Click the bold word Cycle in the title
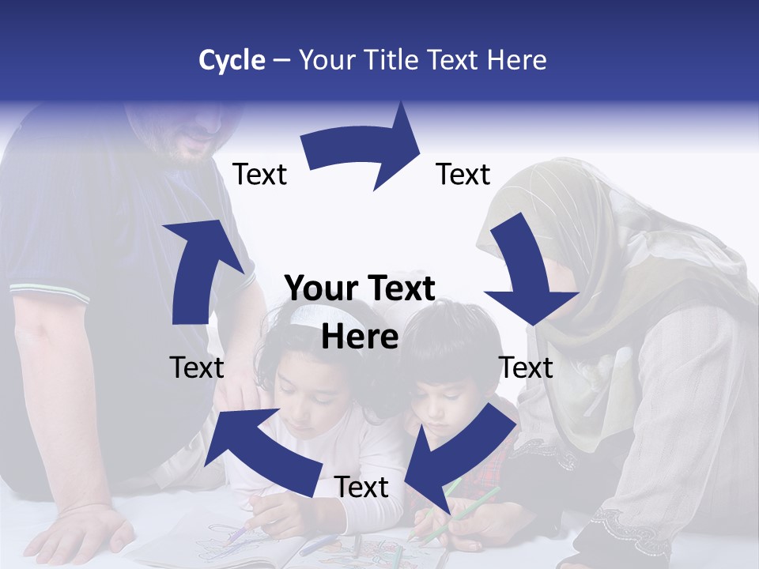tap(232, 60)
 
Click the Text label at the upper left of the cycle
tap(259, 175)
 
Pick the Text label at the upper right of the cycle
tap(463, 175)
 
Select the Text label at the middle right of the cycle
tap(526, 367)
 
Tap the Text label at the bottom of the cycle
tap(361, 488)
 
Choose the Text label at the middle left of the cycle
tap(197, 367)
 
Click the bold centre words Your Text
tap(360, 289)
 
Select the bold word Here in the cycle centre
tap(360, 337)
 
